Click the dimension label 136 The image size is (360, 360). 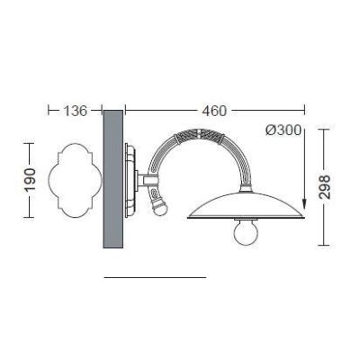[75, 111]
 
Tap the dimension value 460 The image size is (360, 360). [214, 111]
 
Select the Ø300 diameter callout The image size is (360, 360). [283, 130]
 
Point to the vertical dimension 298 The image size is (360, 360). [324, 187]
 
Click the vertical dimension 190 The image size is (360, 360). [30, 180]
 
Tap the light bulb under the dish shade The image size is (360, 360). [246, 231]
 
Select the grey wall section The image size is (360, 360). [112, 179]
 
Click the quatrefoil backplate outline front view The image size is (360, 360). [75, 180]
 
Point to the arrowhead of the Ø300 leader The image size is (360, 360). [304, 204]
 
